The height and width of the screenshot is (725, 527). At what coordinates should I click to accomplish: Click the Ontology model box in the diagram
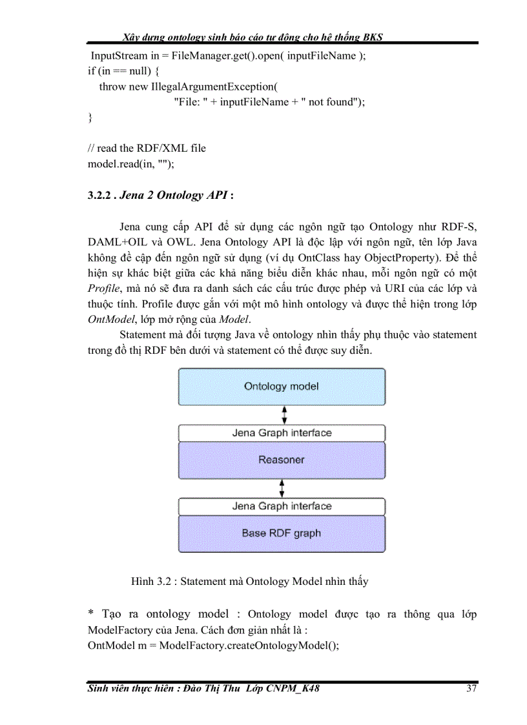click(x=282, y=387)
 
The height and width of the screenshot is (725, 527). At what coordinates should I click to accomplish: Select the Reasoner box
click(x=282, y=460)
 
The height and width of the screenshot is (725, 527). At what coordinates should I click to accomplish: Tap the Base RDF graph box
click(x=282, y=533)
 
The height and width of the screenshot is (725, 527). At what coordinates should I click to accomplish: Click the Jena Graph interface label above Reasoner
click(x=282, y=433)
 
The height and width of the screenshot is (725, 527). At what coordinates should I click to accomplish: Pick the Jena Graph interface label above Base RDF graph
click(x=282, y=506)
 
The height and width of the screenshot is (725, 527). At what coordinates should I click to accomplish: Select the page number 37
click(x=471, y=688)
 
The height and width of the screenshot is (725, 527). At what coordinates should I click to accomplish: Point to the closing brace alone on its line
click(x=90, y=117)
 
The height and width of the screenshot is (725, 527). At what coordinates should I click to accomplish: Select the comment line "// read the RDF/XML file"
click(x=147, y=148)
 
